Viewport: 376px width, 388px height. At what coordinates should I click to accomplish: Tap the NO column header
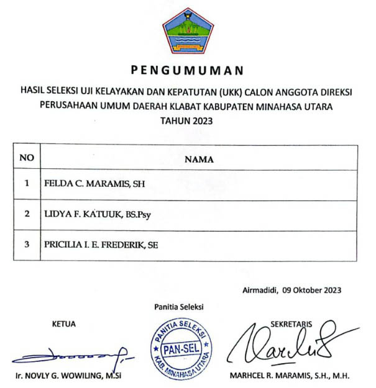27,158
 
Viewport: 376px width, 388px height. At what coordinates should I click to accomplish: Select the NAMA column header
199,159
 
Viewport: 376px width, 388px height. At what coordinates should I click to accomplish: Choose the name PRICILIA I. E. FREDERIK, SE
101,245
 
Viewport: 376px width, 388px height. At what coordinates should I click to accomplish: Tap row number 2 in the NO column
27,214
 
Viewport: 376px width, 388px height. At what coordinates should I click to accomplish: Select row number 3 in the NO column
27,245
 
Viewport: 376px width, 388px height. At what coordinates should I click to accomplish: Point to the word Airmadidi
260,289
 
